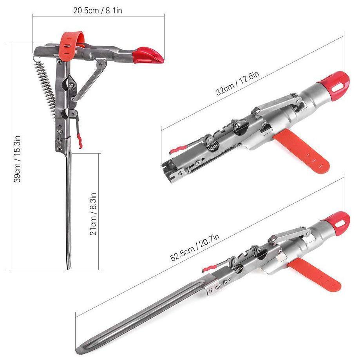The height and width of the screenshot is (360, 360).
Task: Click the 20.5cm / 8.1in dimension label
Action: click(x=98, y=11)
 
